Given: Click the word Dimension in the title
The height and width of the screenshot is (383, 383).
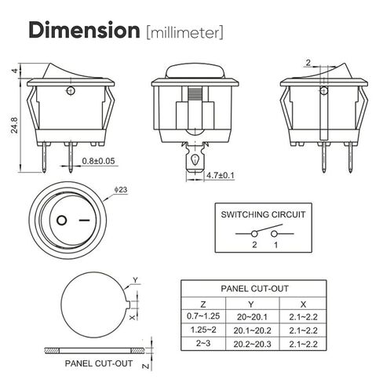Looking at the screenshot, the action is pyautogui.click(x=84, y=31).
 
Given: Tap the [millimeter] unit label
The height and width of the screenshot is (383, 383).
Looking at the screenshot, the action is pyautogui.click(x=185, y=33).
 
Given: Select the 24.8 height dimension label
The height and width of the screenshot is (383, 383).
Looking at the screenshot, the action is pyautogui.click(x=14, y=126).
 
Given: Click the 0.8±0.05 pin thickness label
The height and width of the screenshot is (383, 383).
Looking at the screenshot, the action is pyautogui.click(x=98, y=161).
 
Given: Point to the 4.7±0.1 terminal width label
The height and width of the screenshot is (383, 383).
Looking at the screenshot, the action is pyautogui.click(x=221, y=175).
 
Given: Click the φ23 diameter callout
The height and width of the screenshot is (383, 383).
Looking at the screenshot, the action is pyautogui.click(x=121, y=190).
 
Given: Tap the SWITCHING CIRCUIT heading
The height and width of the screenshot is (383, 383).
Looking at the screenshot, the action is pyautogui.click(x=263, y=214).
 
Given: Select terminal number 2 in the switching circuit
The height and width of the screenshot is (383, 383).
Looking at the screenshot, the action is pyautogui.click(x=254, y=245).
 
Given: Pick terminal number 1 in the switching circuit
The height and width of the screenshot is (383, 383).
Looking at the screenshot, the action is pyautogui.click(x=275, y=245).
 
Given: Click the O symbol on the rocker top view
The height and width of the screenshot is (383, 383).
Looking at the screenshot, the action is pyautogui.click(x=62, y=221).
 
